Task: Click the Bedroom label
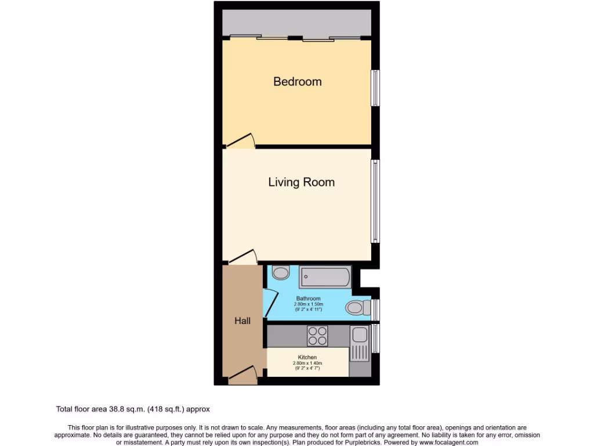297,82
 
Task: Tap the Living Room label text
301,182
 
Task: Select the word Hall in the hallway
242,321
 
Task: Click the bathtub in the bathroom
325,278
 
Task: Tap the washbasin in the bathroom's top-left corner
281,272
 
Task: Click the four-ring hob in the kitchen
317,336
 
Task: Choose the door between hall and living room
242,257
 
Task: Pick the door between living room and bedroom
240,140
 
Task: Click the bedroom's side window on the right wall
375,88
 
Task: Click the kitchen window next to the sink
375,339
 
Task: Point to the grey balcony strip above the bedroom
296,22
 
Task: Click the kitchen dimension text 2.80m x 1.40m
307,363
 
